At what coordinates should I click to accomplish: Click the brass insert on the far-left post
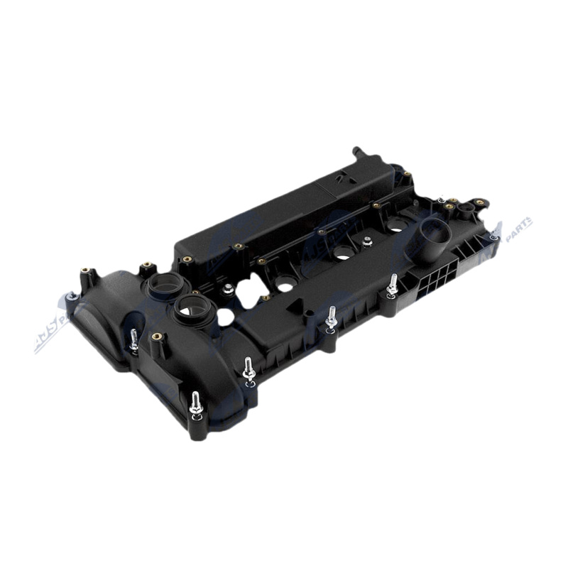[84, 271]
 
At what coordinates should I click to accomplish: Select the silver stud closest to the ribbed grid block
[391, 283]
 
